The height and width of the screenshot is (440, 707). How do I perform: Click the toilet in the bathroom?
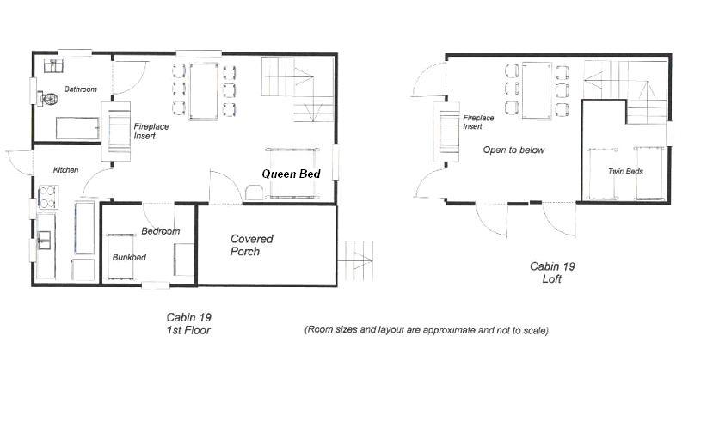click(x=48, y=99)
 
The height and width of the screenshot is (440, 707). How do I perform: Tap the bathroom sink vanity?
click(x=53, y=66)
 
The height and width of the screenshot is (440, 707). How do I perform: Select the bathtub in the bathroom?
click(x=77, y=128)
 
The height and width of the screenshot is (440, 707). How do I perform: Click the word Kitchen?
click(x=66, y=170)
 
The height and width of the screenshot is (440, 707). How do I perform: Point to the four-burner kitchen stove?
click(x=48, y=198)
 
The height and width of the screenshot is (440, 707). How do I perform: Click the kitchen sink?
click(x=44, y=240)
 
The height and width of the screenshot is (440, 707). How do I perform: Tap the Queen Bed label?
click(x=291, y=174)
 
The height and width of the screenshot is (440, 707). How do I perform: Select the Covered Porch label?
click(x=252, y=245)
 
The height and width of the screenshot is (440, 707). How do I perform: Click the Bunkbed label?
click(x=129, y=257)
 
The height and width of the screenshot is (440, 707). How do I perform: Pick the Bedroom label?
click(x=161, y=231)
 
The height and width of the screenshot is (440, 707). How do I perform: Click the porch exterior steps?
click(x=356, y=260)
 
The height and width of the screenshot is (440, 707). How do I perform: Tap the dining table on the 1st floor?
click(x=204, y=92)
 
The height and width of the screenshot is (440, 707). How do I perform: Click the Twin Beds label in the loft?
click(x=625, y=171)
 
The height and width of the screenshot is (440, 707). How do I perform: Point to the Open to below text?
click(x=513, y=150)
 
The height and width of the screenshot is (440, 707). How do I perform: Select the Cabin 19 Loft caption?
click(x=552, y=272)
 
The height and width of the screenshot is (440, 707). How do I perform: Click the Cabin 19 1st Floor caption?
click(x=188, y=324)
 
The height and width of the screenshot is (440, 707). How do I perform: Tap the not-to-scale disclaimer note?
click(x=427, y=330)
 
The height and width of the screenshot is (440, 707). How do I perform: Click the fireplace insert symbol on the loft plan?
click(x=446, y=131)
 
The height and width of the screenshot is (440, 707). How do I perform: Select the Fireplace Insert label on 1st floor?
click(x=151, y=131)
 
